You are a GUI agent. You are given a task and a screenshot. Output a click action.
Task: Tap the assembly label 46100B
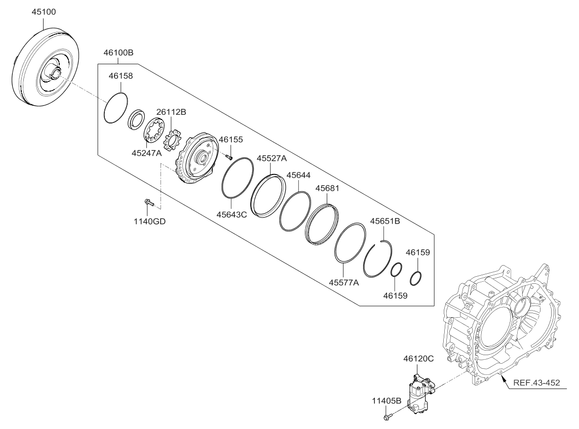[118, 52]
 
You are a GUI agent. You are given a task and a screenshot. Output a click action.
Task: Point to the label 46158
[121, 76]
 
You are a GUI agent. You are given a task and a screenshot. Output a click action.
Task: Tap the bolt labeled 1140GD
[148, 203]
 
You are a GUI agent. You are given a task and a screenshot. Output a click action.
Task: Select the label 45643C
[233, 214]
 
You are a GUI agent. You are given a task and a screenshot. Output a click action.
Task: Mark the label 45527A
[272, 158]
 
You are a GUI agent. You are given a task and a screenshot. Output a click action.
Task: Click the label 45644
[299, 175]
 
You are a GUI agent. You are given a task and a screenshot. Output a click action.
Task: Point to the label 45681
[327, 188]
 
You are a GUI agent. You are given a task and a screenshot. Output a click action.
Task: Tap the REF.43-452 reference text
[536, 382]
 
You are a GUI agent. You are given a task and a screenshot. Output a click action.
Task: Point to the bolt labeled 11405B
[387, 417]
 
